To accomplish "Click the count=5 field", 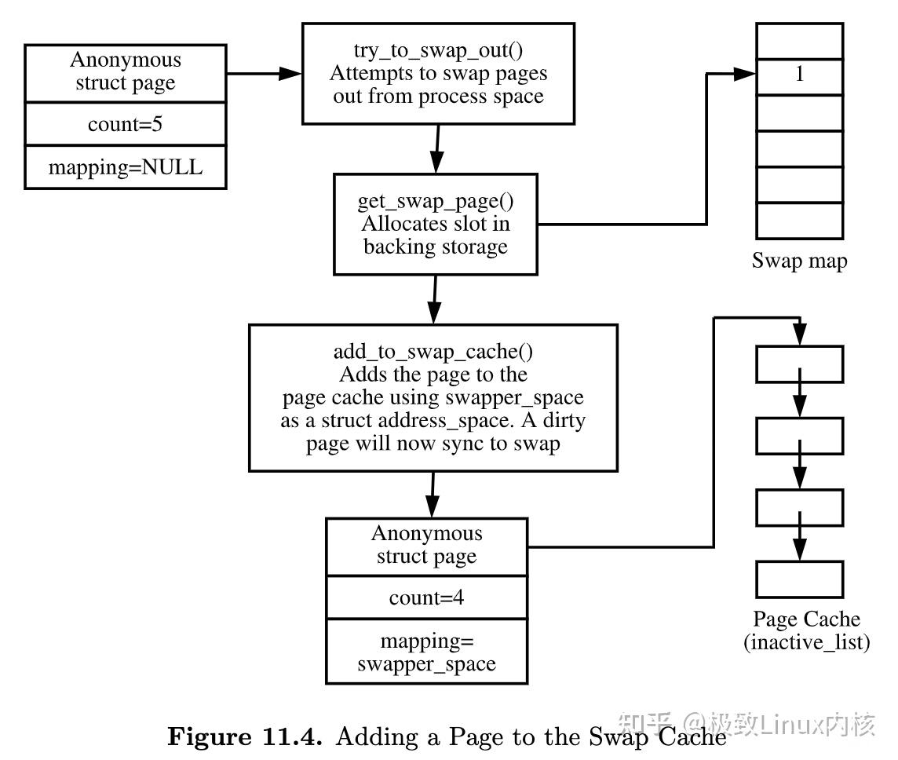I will click(x=125, y=124).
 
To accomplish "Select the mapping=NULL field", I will click(x=125, y=166).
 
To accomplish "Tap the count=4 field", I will click(x=426, y=597).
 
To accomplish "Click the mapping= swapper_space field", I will click(x=426, y=652).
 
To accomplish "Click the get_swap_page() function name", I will click(x=436, y=201).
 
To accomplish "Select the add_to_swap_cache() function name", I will click(x=433, y=351).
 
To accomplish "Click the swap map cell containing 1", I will click(x=799, y=75).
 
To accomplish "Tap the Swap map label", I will click(x=799, y=261).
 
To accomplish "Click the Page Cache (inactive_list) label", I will click(x=806, y=630).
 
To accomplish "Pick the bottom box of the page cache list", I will click(x=799, y=579).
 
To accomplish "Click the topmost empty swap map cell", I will click(x=799, y=40).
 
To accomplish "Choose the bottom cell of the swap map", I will click(x=799, y=221).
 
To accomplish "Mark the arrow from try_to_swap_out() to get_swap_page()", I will click(x=436, y=148).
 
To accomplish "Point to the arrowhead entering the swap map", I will click(x=745, y=75).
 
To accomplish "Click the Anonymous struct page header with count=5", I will click(x=125, y=71).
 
